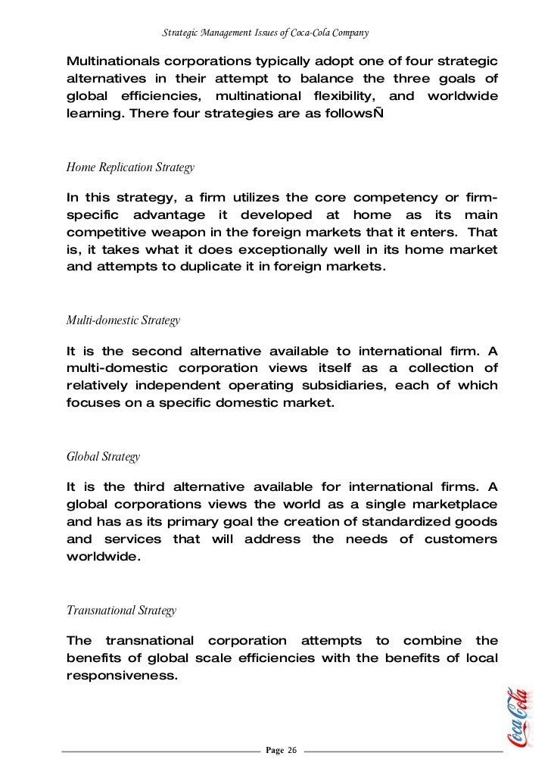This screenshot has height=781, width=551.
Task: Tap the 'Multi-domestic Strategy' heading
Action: tap(123, 320)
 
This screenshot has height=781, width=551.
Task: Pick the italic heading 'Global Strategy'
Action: tap(103, 458)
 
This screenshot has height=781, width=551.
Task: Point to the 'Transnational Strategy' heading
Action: tap(121, 611)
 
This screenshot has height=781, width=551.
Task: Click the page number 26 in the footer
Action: tap(292, 750)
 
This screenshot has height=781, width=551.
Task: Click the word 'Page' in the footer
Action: tap(275, 750)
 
